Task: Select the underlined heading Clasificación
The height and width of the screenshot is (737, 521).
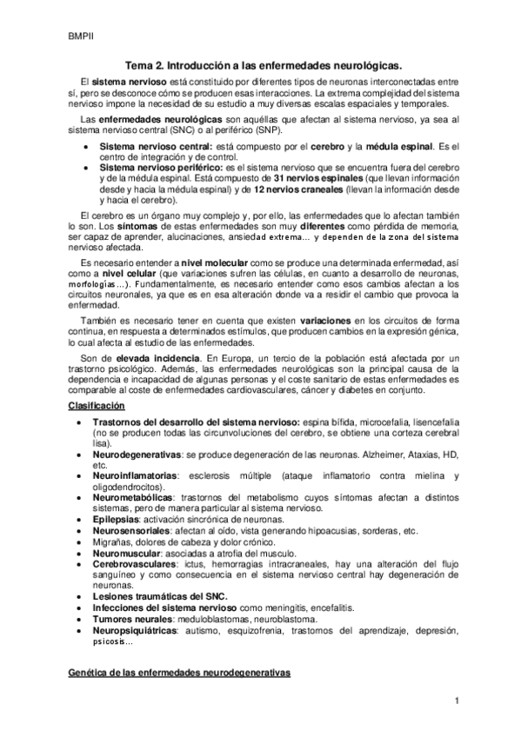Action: click(x=99, y=406)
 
